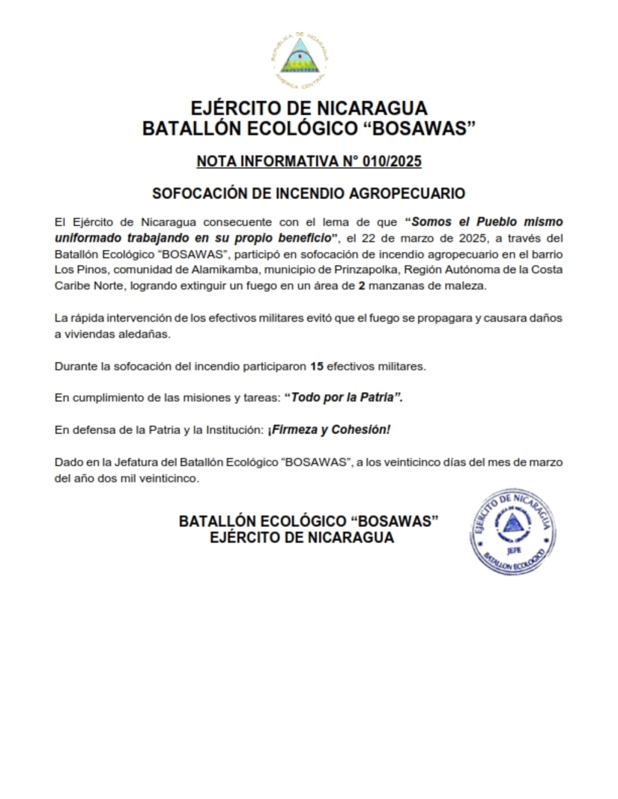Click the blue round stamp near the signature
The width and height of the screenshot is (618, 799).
[x=512, y=533]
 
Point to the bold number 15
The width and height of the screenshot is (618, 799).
[x=317, y=367]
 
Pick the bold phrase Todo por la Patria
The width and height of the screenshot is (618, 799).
[x=343, y=398]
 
